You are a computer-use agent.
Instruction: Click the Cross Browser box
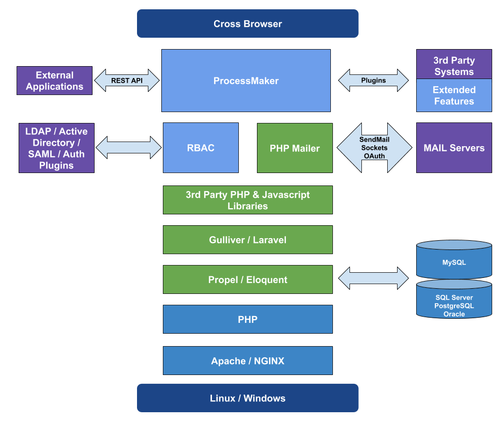click(x=248, y=24)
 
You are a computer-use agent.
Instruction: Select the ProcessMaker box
click(x=246, y=81)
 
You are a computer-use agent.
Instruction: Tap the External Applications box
click(x=54, y=81)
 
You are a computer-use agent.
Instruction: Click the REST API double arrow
click(x=127, y=81)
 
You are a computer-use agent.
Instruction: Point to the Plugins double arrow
click(x=373, y=80)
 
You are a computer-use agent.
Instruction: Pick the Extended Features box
click(x=454, y=96)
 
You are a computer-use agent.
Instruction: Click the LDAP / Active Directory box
click(x=56, y=148)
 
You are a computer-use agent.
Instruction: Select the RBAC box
click(x=201, y=148)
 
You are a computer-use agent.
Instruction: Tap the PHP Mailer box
click(x=295, y=148)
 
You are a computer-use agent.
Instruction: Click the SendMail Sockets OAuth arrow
click(x=374, y=148)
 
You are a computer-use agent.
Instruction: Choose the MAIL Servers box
click(x=454, y=148)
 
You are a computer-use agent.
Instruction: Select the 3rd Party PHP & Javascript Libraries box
click(x=248, y=200)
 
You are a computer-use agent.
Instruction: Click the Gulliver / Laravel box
click(x=248, y=240)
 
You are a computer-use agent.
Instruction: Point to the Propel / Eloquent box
click(x=248, y=279)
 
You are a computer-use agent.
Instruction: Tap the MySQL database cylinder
click(x=454, y=261)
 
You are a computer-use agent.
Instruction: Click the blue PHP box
click(x=248, y=319)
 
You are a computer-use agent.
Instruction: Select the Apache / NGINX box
click(x=248, y=361)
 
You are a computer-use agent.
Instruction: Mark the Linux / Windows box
click(x=248, y=398)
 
